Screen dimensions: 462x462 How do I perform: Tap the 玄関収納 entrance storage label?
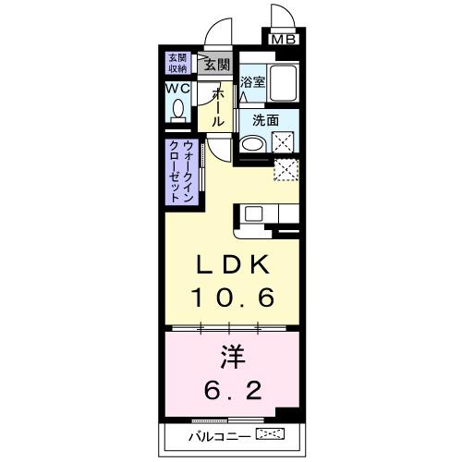176,63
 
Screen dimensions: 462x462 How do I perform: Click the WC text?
178,88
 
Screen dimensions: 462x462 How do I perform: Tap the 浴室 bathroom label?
253,80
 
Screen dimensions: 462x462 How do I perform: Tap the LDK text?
231,266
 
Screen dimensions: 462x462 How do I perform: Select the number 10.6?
231,298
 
